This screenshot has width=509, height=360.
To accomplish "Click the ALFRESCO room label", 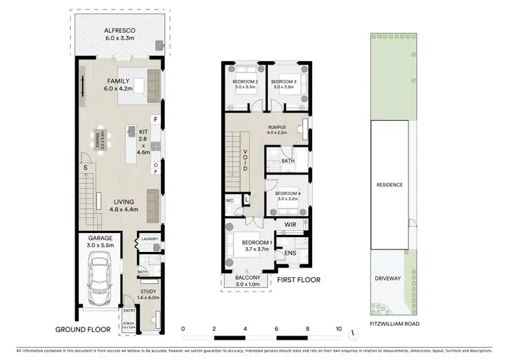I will [119, 31].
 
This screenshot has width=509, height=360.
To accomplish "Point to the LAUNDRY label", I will [150, 239].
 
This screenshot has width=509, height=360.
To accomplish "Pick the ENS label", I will [290, 253].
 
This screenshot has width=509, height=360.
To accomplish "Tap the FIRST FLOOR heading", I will [297, 279].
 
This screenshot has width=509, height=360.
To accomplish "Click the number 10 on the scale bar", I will [339, 329].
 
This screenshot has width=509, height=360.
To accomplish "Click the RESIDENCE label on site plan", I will [390, 184].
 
